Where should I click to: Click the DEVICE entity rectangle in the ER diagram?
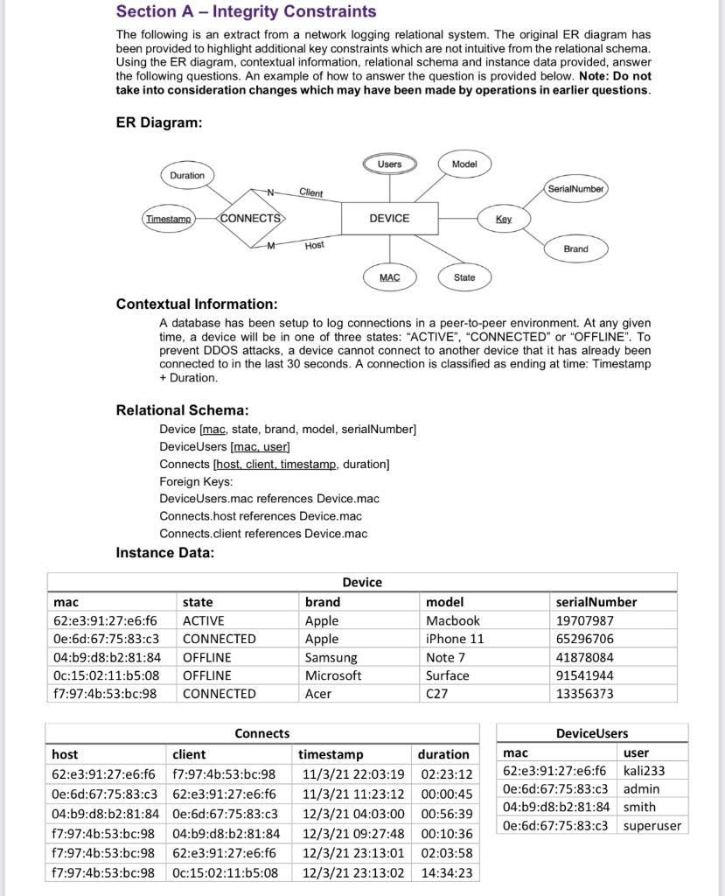[389, 218]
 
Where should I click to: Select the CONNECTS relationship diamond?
[250, 218]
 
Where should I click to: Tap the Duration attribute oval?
[187, 175]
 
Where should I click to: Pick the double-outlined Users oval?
[389, 164]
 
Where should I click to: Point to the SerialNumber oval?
[575, 188]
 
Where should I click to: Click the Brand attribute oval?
[575, 249]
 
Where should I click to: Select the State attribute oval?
[464, 277]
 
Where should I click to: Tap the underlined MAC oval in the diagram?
[389, 277]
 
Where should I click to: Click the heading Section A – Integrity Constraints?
[246, 12]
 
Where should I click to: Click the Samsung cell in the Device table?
[331, 657]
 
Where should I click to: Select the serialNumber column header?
[596, 602]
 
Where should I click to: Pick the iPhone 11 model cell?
[454, 639]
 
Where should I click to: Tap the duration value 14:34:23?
[446, 872]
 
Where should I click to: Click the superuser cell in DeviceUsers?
[652, 826]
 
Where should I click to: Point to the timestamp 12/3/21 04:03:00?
[352, 814]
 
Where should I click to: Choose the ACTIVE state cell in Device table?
[203, 620]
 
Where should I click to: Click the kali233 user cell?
[644, 771]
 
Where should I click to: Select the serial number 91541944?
[584, 675]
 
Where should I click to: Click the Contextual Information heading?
[197, 304]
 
